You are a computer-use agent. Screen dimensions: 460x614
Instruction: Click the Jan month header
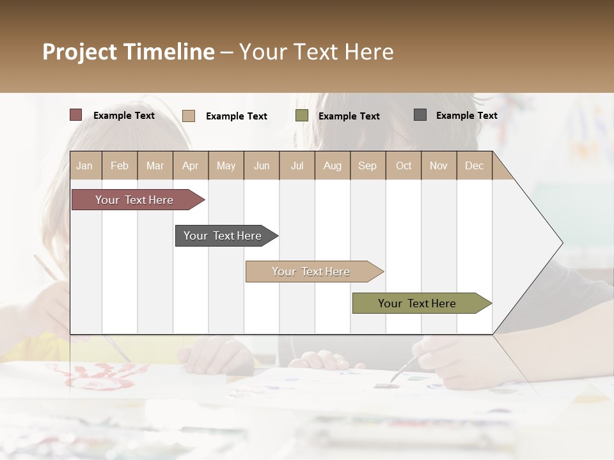pos(85,165)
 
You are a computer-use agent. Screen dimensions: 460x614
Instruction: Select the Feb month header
pos(120,165)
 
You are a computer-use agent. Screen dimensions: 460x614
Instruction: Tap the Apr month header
pos(191,165)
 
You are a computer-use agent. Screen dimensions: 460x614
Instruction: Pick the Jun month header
pos(262,165)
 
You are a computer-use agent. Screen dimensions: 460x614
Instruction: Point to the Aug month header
pos(332,165)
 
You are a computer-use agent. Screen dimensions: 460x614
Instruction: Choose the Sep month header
pos(368,165)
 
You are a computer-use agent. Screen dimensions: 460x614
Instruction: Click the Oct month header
pos(404,165)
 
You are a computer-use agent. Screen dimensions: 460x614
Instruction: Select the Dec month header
pos(474,165)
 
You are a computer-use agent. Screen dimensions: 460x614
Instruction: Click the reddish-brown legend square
pos(76,115)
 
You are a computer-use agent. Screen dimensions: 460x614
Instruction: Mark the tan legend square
pos(189,116)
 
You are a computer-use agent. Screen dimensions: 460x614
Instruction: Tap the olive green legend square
pos(302,116)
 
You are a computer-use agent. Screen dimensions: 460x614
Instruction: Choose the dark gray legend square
pos(420,115)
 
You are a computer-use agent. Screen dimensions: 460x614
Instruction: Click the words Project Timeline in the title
pos(129,52)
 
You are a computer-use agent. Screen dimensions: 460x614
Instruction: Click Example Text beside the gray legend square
pos(466,115)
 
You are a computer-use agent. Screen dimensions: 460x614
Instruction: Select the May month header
pos(226,165)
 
